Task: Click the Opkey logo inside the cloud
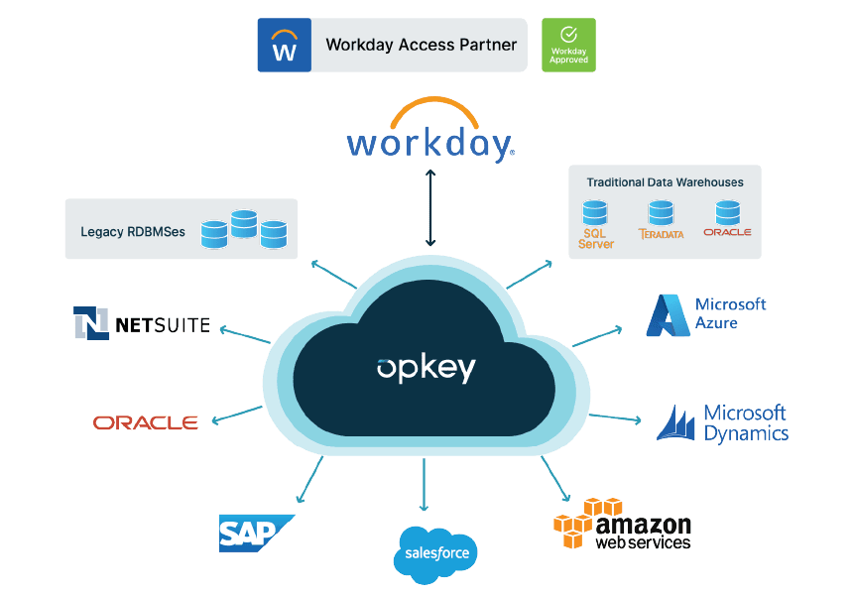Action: (x=427, y=368)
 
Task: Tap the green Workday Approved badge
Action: (x=568, y=45)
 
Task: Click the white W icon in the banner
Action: (x=285, y=46)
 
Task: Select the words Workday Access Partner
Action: (x=421, y=45)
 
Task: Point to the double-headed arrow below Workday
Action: (x=430, y=207)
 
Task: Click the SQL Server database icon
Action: (x=595, y=212)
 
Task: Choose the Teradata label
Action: (x=661, y=235)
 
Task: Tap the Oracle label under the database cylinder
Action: (x=727, y=232)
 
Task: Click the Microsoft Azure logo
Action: (x=706, y=313)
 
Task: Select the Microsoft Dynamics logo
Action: (x=723, y=422)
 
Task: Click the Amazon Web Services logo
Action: (x=622, y=524)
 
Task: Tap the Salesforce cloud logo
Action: (x=435, y=552)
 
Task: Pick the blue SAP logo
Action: (x=255, y=533)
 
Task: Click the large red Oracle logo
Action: (x=146, y=422)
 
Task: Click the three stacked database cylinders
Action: (x=243, y=229)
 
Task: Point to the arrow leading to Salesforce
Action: (x=425, y=486)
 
